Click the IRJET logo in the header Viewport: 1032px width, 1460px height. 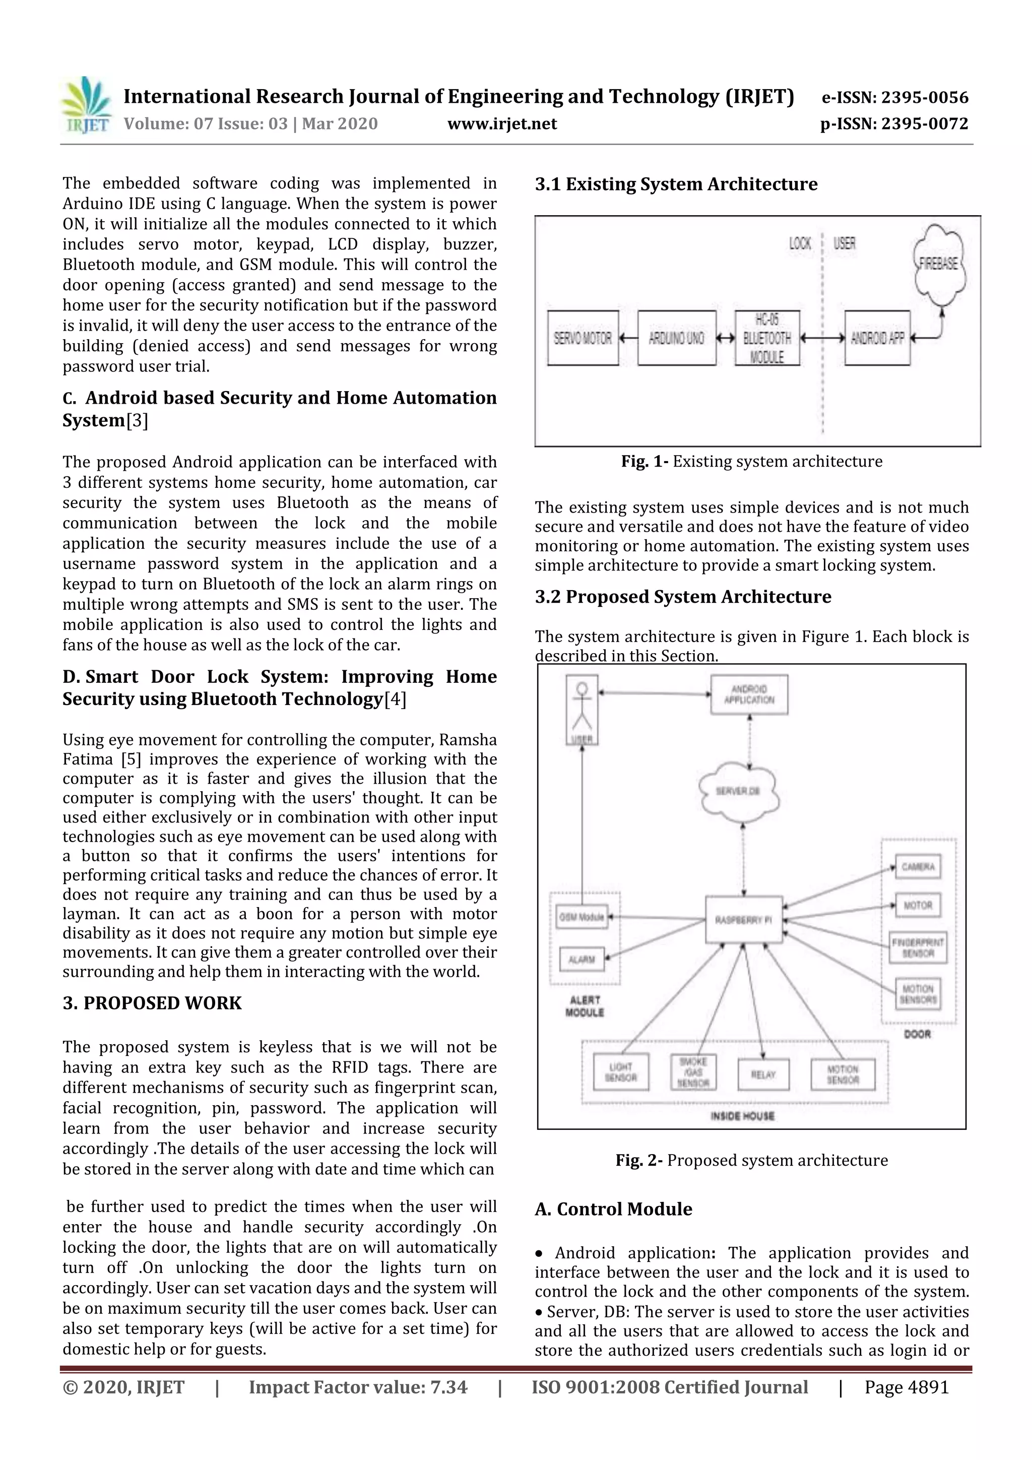point(86,105)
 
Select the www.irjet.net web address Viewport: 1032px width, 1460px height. point(502,124)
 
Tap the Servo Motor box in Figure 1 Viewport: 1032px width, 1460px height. point(583,338)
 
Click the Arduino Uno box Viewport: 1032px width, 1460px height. point(677,338)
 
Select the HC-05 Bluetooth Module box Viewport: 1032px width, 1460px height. point(767,338)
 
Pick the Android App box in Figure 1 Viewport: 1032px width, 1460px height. point(877,338)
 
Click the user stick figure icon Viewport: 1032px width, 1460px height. point(582,709)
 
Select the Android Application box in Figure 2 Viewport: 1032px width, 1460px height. point(749,694)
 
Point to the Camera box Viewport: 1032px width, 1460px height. point(918,867)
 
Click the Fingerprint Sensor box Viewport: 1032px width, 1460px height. point(918,947)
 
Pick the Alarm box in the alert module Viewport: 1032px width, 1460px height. point(581,960)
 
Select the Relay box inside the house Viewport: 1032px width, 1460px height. point(763,1074)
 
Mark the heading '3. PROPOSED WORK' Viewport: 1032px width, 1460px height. point(152,1003)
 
